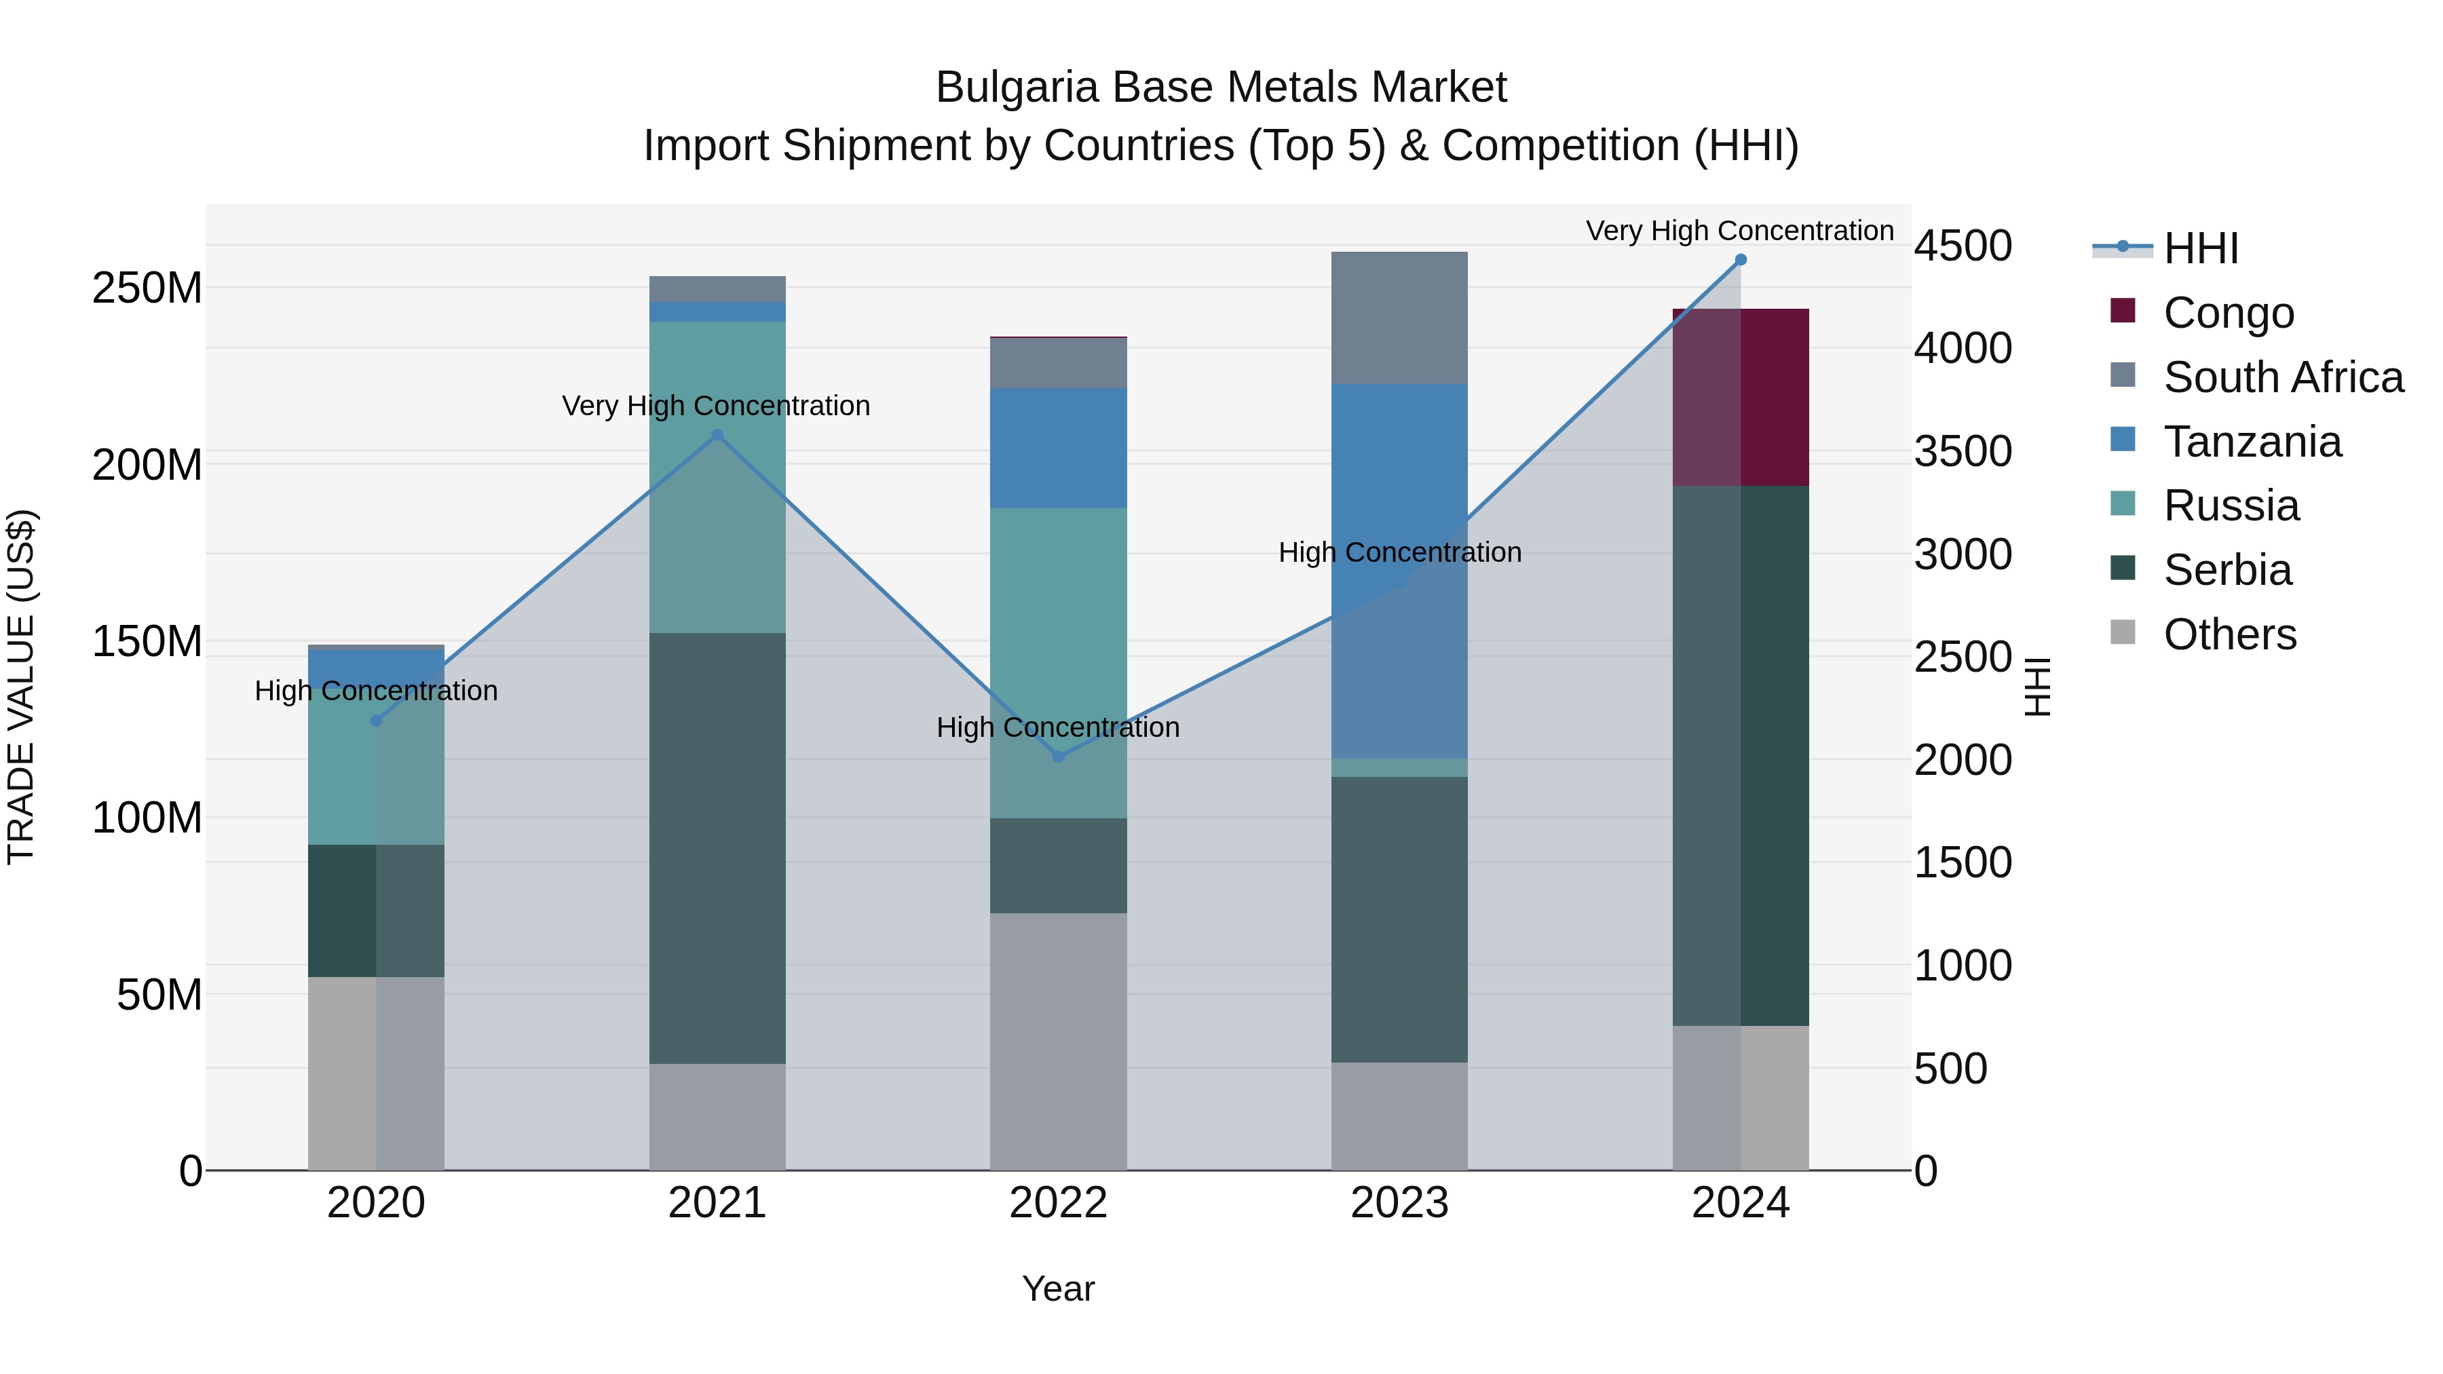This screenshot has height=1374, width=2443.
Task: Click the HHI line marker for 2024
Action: [x=1740, y=260]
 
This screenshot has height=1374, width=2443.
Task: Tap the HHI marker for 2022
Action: [x=1059, y=757]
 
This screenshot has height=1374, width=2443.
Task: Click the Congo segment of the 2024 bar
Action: [x=1740, y=398]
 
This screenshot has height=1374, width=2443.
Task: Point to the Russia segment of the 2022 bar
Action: [x=1059, y=663]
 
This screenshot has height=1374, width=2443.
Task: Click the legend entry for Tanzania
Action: [x=2252, y=442]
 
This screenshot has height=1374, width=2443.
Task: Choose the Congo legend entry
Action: [x=2228, y=313]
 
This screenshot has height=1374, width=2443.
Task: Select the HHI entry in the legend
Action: [x=2200, y=248]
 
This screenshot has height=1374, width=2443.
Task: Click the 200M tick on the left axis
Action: [x=147, y=465]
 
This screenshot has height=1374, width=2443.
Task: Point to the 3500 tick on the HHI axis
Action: [x=1962, y=451]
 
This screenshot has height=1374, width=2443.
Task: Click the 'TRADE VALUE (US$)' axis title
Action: [x=21, y=687]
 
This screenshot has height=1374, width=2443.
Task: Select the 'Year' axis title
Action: [x=1059, y=1289]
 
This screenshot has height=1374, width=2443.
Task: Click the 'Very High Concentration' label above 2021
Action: [x=716, y=406]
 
